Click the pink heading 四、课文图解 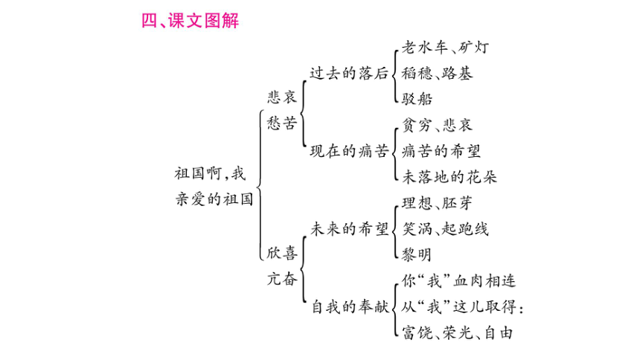(x=190, y=21)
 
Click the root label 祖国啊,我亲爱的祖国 (x=214, y=187)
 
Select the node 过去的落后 (x=348, y=74)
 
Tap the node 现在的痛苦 (x=348, y=151)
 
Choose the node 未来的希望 (x=349, y=229)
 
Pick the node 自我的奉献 (x=351, y=306)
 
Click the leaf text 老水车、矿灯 (x=445, y=48)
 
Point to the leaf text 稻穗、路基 (x=437, y=74)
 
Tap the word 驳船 (x=417, y=99)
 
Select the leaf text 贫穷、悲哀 (x=437, y=125)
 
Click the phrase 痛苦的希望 (x=441, y=151)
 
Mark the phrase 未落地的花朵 (x=449, y=177)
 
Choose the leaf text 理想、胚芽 (x=437, y=203)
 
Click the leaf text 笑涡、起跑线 (x=445, y=229)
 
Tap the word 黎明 (x=417, y=254)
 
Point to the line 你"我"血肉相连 (x=458, y=281)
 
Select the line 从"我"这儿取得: (x=462, y=306)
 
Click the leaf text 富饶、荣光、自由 (x=457, y=332)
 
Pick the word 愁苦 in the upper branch (x=282, y=123)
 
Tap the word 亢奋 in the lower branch (x=282, y=279)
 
